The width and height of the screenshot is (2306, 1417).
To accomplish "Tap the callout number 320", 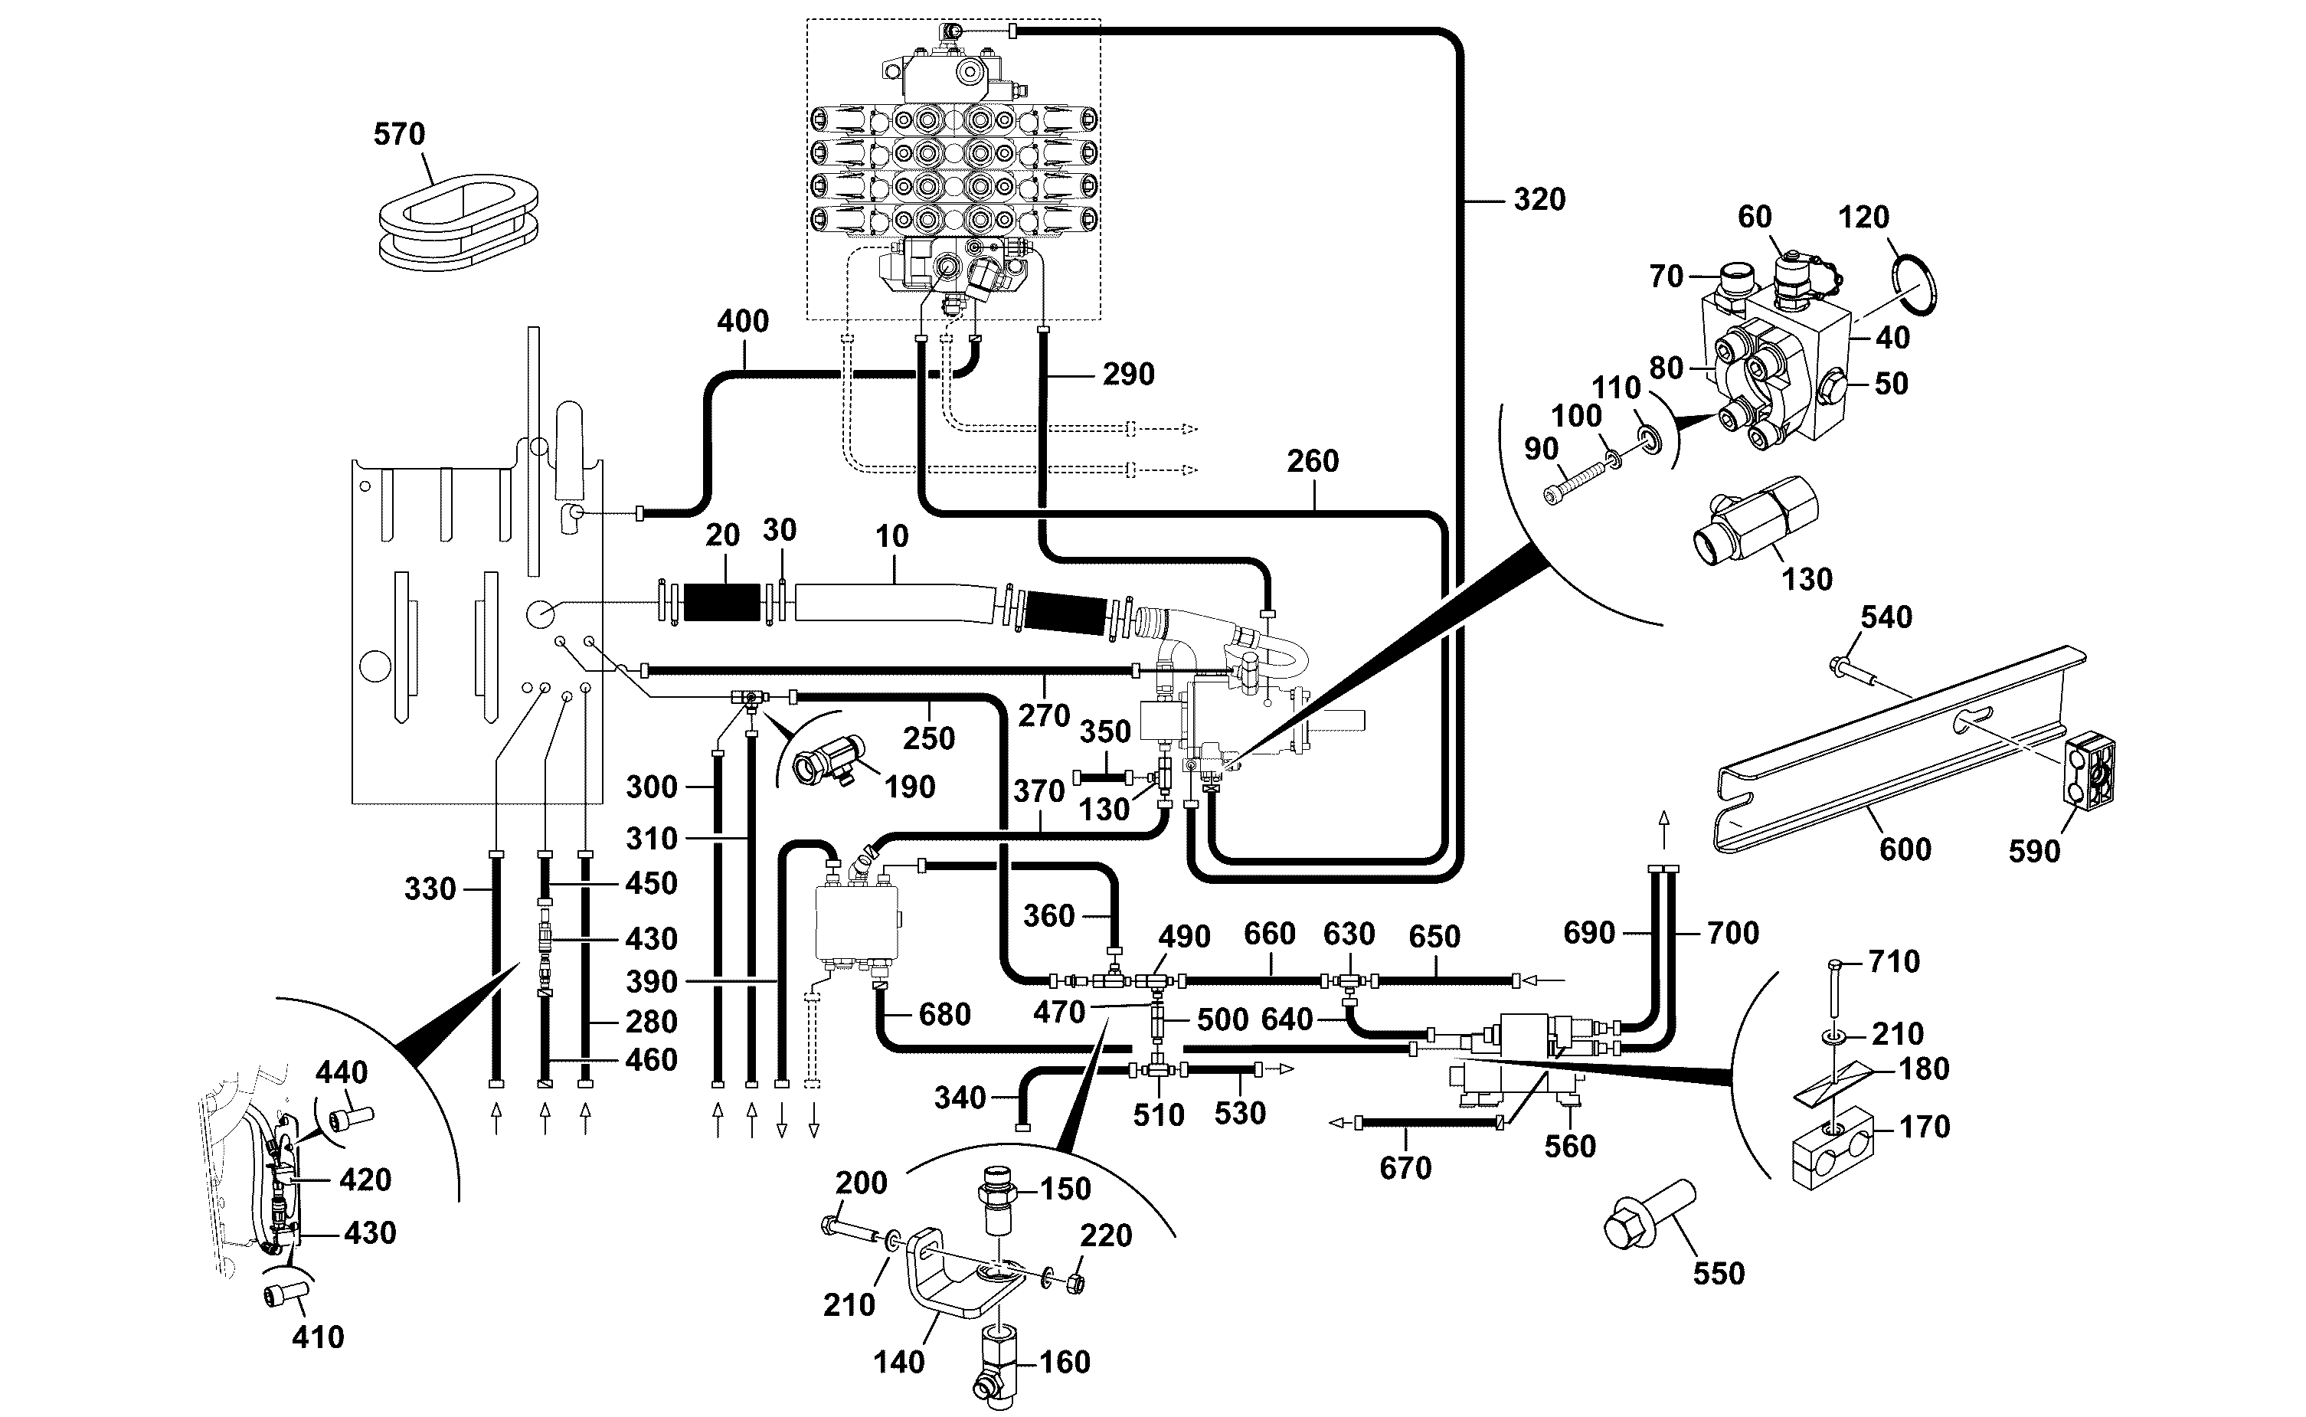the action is click(1539, 200).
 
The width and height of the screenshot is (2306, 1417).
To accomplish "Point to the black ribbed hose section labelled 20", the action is click(721, 602).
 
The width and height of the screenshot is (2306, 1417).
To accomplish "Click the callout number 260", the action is click(1313, 461).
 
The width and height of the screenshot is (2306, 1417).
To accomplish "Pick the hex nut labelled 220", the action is click(1076, 1282).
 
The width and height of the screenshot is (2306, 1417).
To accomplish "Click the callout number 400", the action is click(743, 322).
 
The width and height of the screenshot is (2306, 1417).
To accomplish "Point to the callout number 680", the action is click(944, 1014).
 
